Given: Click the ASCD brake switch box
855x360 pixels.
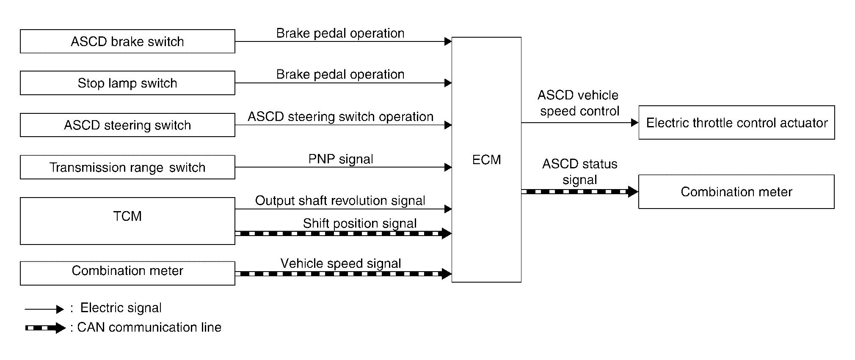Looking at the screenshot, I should point(127,41).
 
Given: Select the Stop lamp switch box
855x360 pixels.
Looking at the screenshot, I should point(127,83).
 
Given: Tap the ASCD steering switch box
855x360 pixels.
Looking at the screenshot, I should point(127,125).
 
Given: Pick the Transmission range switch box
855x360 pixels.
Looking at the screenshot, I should point(127,168).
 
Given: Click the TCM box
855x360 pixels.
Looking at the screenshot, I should point(127,221).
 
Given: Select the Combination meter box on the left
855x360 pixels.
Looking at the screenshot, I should point(127,273).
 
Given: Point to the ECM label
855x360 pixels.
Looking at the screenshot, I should point(486,159).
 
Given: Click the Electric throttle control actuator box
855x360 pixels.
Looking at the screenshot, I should point(736,123).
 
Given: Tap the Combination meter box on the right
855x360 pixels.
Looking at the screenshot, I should point(736,192).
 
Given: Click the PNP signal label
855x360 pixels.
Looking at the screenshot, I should point(341,159).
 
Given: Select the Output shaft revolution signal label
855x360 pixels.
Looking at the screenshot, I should point(340,201).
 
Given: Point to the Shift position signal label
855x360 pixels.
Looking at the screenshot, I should point(360,223).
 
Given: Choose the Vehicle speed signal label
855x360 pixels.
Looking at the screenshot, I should point(341,263).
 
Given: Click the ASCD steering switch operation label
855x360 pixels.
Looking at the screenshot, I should point(340,116).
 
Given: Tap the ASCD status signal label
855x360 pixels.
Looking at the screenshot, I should point(579,172).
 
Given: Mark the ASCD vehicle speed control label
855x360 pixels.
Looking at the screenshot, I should point(579,103).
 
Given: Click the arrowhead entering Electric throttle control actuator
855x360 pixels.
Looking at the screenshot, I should point(634,123).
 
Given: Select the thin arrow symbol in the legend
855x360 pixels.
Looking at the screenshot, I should point(44,309).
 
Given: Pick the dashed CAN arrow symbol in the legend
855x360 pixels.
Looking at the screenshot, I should point(45,328).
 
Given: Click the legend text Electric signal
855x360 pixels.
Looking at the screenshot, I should point(121,308).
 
